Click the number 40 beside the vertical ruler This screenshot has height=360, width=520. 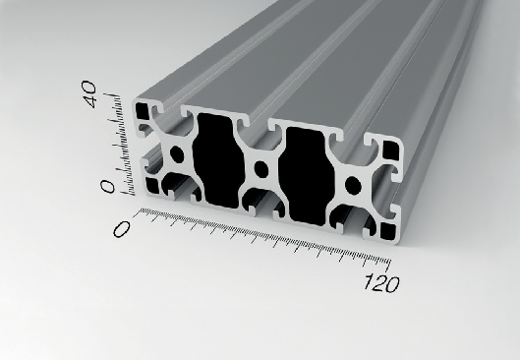click(88, 93)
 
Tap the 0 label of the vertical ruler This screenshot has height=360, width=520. click(107, 187)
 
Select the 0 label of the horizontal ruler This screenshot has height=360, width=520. click(121, 229)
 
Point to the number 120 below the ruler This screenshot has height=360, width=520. click(381, 284)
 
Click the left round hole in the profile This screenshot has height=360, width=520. click(177, 154)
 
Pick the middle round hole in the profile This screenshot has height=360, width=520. click(261, 169)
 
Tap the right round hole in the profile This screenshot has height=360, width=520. click(353, 186)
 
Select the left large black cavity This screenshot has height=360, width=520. click(218, 160)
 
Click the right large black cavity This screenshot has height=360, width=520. click(307, 176)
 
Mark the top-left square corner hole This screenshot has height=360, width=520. click(143, 111)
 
